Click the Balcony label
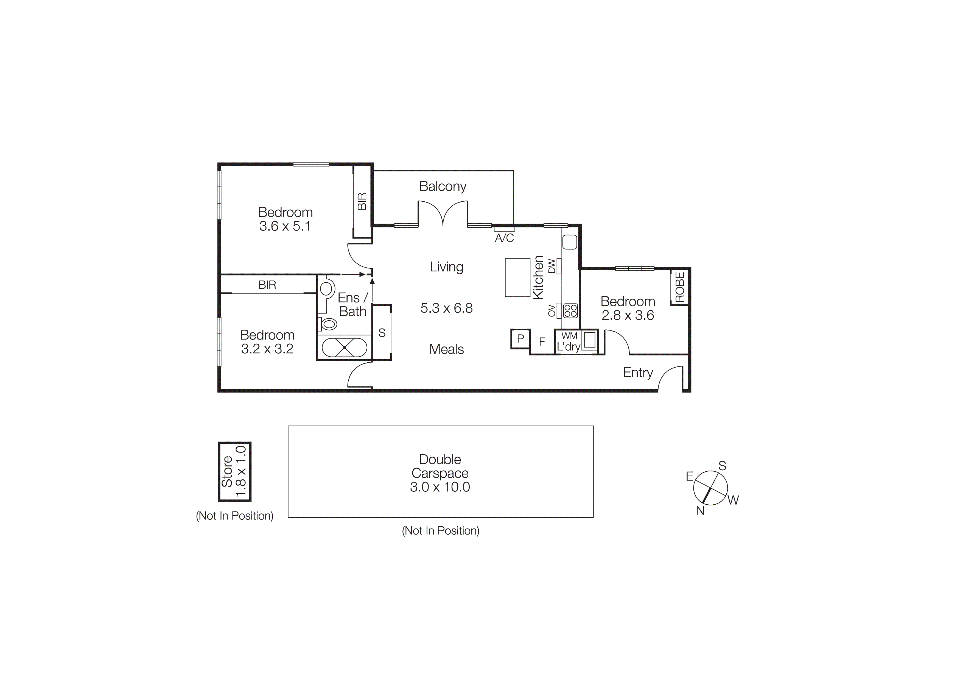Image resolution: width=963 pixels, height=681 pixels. [443, 186]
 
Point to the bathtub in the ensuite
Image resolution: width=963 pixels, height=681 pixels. [344, 348]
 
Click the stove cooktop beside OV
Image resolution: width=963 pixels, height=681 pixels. [570, 310]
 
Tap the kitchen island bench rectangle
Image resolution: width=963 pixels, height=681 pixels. [517, 277]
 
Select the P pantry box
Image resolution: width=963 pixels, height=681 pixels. [520, 339]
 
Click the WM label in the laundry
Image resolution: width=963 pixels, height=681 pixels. [569, 336]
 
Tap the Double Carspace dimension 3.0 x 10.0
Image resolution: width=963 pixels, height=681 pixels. [440, 487]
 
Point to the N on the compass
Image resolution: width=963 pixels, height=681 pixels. [700, 511]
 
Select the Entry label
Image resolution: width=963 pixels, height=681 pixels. [637, 373]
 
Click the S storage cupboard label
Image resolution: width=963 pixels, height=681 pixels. [382, 333]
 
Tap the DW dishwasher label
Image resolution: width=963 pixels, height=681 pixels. [552, 266]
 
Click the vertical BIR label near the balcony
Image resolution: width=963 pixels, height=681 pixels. [362, 201]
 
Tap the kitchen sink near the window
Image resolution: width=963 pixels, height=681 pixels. [570, 242]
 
